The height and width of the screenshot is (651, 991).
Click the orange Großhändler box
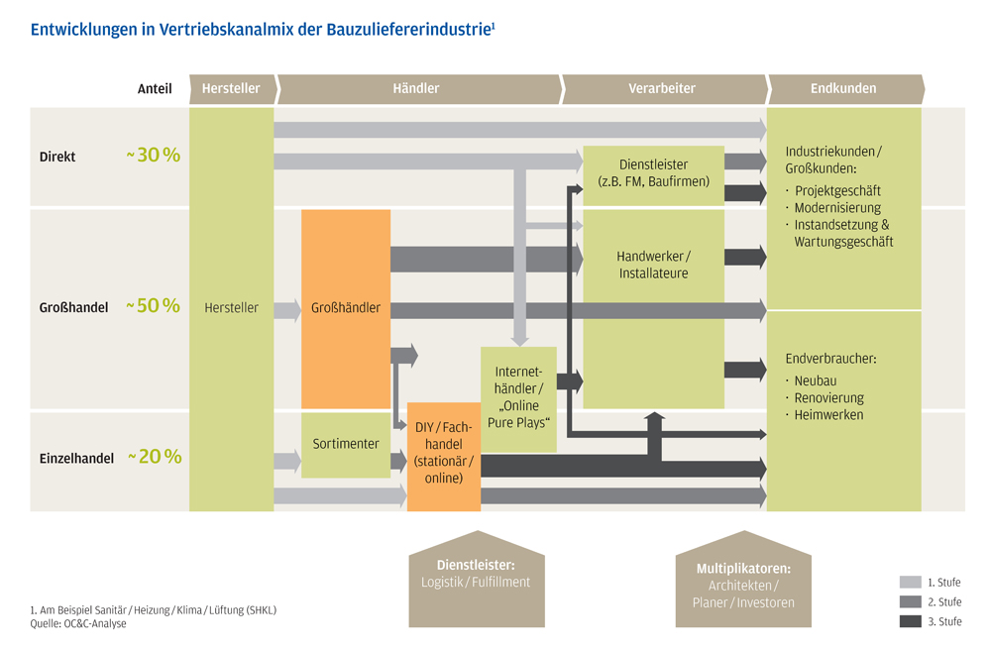pyautogui.click(x=345, y=308)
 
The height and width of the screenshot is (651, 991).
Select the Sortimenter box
pyautogui.click(x=345, y=444)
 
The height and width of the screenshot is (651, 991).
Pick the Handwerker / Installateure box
pyautogui.click(x=652, y=265)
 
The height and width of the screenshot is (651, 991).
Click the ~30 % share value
pyautogui.click(x=153, y=156)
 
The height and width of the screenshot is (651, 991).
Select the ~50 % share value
pyautogui.click(x=153, y=306)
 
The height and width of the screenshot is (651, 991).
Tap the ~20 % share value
pyautogui.click(x=154, y=457)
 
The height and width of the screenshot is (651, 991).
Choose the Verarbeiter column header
pyautogui.click(x=661, y=88)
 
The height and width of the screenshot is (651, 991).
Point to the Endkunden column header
pyautogui.click(x=842, y=88)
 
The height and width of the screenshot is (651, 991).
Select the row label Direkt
pyautogui.click(x=57, y=157)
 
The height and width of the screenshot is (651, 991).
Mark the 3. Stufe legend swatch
pyautogui.click(x=911, y=621)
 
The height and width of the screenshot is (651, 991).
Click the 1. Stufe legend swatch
pyautogui.click(x=911, y=583)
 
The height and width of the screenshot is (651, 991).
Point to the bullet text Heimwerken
pyautogui.click(x=828, y=415)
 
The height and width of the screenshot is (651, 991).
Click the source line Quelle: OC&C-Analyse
pyautogui.click(x=78, y=624)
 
